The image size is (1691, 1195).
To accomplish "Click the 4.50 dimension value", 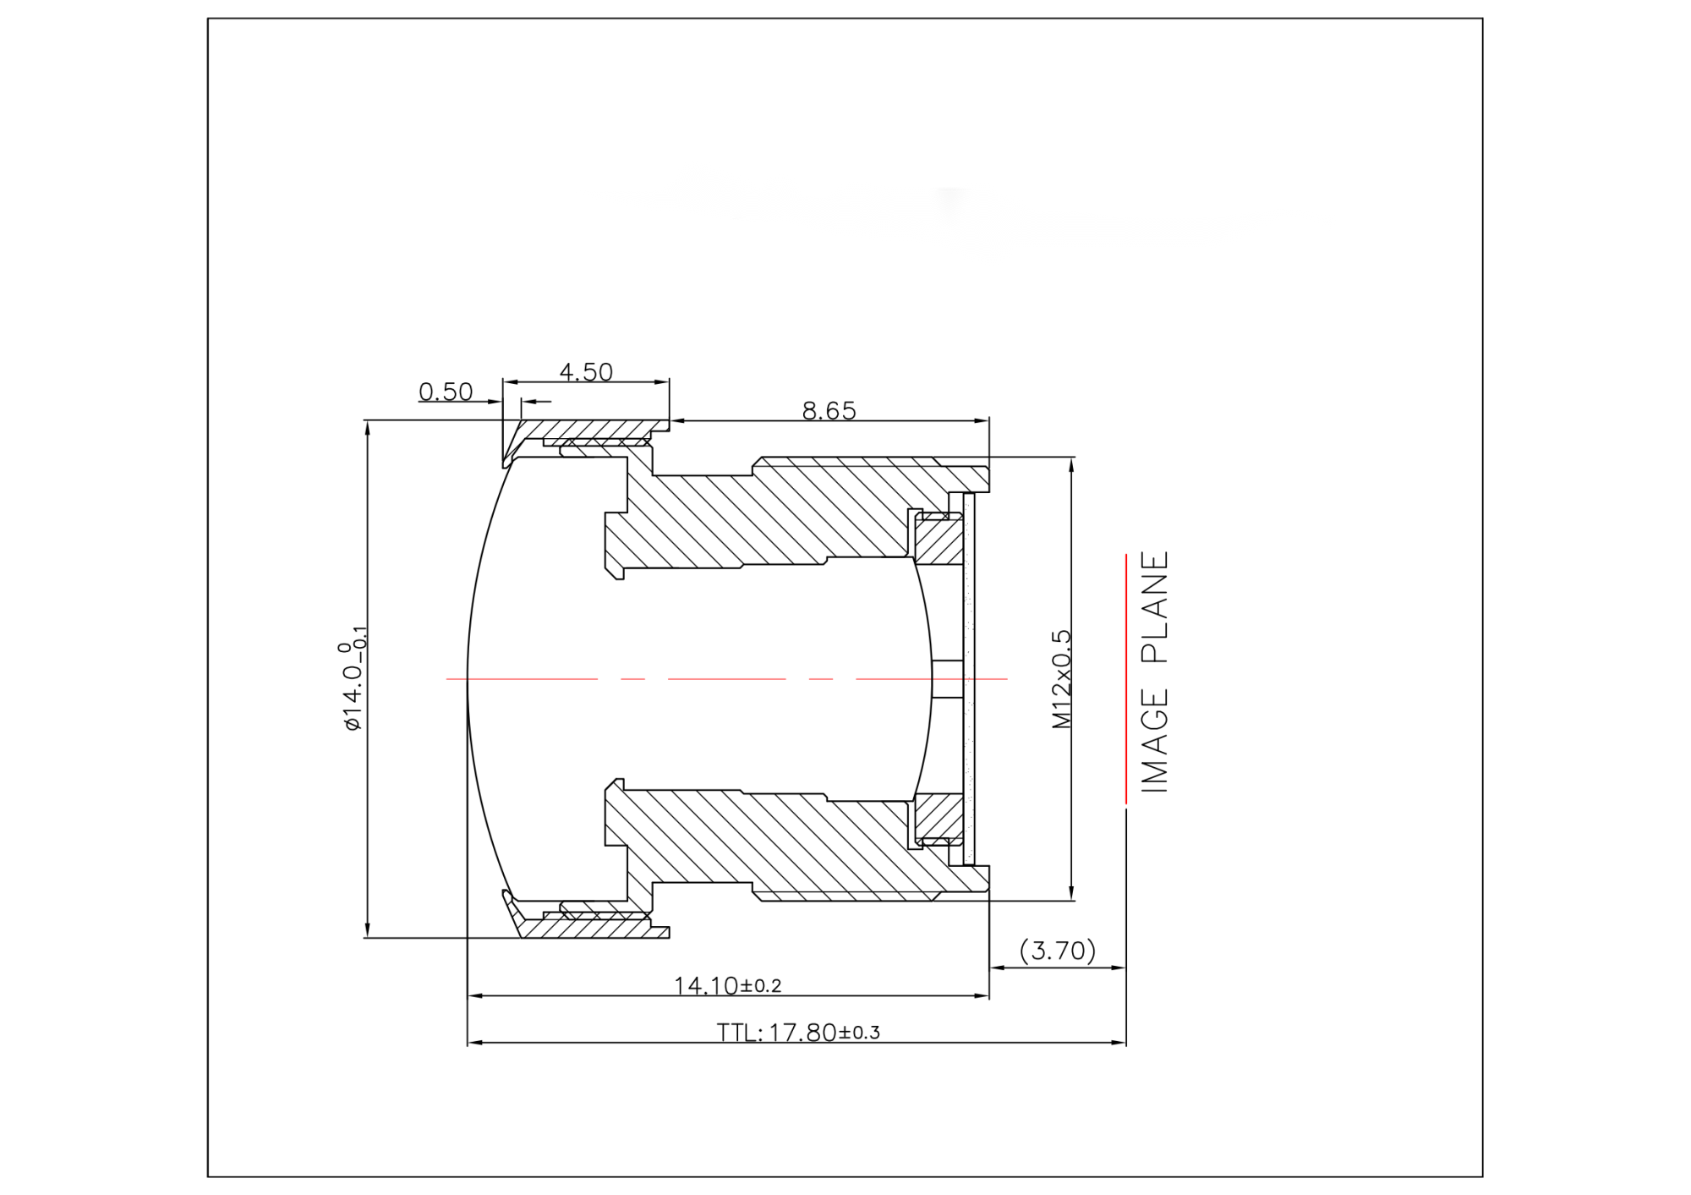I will pos(585,372).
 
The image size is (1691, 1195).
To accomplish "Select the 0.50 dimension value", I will pos(446,392).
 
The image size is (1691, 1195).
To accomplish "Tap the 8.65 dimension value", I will pos(829,411).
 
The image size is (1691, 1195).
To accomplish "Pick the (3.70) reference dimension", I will pos(1057,951).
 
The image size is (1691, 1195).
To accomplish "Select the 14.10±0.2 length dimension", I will pos(727,985).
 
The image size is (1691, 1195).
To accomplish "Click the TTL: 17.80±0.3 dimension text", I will pos(798,1033).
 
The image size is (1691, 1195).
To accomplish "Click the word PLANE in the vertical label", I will pos(1155,606).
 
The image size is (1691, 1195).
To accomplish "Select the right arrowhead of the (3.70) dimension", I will pos(1119,968).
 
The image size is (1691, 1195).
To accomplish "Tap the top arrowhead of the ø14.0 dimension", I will pos(367,426).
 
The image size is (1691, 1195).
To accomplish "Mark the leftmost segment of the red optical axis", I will pos(520,678).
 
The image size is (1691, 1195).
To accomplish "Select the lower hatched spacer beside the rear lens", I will pos(939,815).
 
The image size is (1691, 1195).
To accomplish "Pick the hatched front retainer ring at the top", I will pos(592,429).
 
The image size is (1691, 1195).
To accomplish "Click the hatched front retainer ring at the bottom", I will pos(592,929).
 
